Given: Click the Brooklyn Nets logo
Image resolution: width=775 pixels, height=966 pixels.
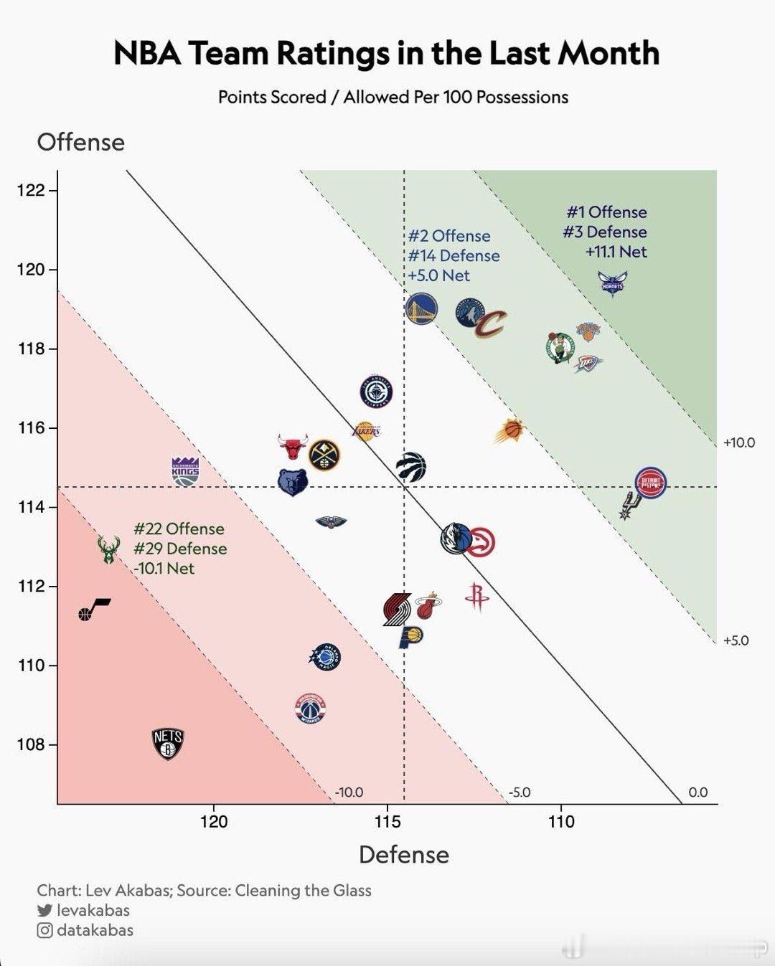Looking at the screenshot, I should pos(168,744).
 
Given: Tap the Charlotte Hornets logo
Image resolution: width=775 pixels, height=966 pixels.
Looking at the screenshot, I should pos(613,283).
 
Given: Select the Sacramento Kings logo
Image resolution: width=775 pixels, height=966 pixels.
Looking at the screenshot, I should pos(185,471).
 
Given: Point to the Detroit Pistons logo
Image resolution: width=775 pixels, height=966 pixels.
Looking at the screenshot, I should pos(651,482).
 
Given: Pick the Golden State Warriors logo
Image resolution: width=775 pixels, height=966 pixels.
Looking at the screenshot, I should pos(421,309).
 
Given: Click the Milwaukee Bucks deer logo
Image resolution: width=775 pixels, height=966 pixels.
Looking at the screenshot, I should pos(108,550).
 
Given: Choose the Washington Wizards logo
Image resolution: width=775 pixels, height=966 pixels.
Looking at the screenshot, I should pos(311,709).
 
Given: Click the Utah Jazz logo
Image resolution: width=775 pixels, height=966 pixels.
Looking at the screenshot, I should pos(93,610).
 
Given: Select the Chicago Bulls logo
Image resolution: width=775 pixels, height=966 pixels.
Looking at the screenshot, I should pos(293,447).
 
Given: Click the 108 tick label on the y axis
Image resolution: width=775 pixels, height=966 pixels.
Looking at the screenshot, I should pos(31,744).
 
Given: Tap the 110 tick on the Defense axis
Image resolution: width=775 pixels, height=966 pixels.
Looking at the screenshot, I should pos(561,821).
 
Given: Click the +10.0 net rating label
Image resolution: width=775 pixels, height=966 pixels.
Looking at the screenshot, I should pos(738,442).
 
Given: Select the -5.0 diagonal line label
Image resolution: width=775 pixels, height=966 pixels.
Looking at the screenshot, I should pos(520,792).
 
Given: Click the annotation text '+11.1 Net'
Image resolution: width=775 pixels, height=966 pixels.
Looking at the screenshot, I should pos(616,252).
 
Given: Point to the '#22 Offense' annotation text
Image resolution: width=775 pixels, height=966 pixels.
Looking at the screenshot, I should pos(179,529).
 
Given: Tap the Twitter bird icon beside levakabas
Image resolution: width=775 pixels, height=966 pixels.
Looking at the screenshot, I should pos(44,910).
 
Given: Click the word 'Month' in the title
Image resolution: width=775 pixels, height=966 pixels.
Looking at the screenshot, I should pos(609,53).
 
